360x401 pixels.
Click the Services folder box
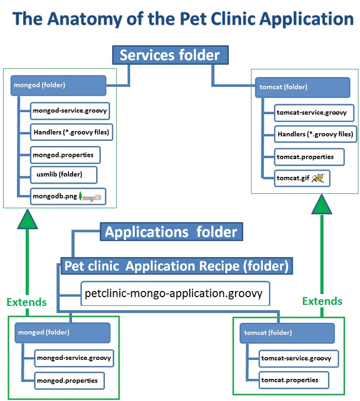point(169,56)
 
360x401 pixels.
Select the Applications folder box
point(171,232)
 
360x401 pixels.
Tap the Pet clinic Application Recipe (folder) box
point(176,266)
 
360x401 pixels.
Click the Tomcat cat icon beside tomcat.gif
point(320,178)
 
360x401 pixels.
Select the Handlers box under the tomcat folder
point(315,135)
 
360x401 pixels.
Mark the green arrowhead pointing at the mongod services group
point(27,220)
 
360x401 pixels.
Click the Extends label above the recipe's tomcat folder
point(322,301)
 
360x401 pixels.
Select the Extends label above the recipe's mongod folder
point(27,302)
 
